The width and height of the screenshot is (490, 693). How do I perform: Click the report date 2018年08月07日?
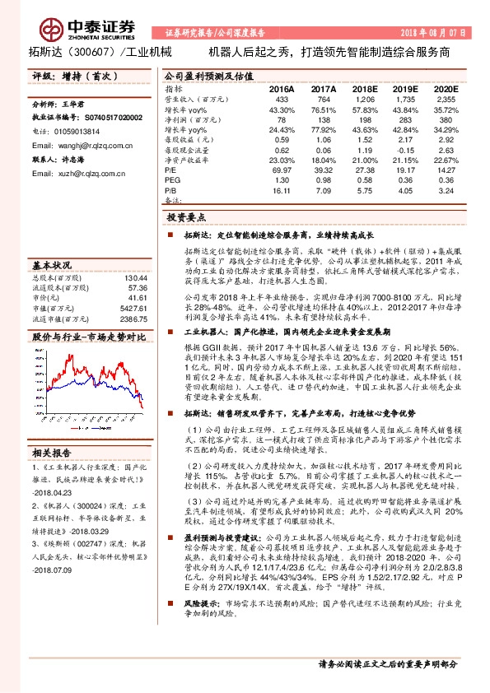coord(436,34)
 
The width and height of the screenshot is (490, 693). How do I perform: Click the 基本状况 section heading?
coord(52,265)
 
